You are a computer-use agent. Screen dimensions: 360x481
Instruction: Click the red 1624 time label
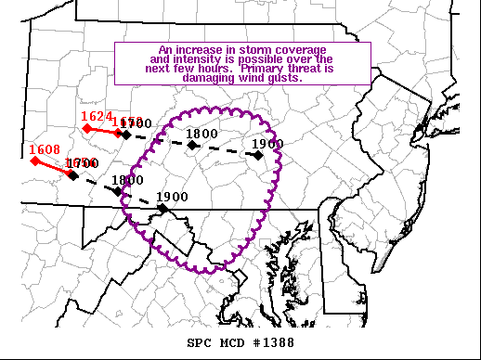point(97,116)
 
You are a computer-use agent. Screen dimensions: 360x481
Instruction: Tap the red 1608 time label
point(45,148)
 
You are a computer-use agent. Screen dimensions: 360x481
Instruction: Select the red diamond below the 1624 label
point(86,128)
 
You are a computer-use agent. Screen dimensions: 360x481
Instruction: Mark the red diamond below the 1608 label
point(34,161)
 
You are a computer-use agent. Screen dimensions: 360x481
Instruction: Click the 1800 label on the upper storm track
point(201,134)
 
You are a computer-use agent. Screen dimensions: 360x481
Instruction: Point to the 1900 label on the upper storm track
point(267,144)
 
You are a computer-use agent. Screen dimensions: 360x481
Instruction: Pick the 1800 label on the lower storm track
point(127,180)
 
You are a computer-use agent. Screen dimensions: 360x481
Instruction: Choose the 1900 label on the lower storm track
point(172,197)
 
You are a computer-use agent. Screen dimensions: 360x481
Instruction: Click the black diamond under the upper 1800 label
point(192,145)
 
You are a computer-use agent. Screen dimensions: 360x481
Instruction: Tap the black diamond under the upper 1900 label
point(258,155)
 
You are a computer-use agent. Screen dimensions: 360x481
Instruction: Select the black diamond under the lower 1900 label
point(162,209)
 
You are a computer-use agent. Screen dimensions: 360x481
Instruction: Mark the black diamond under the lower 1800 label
point(118,191)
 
